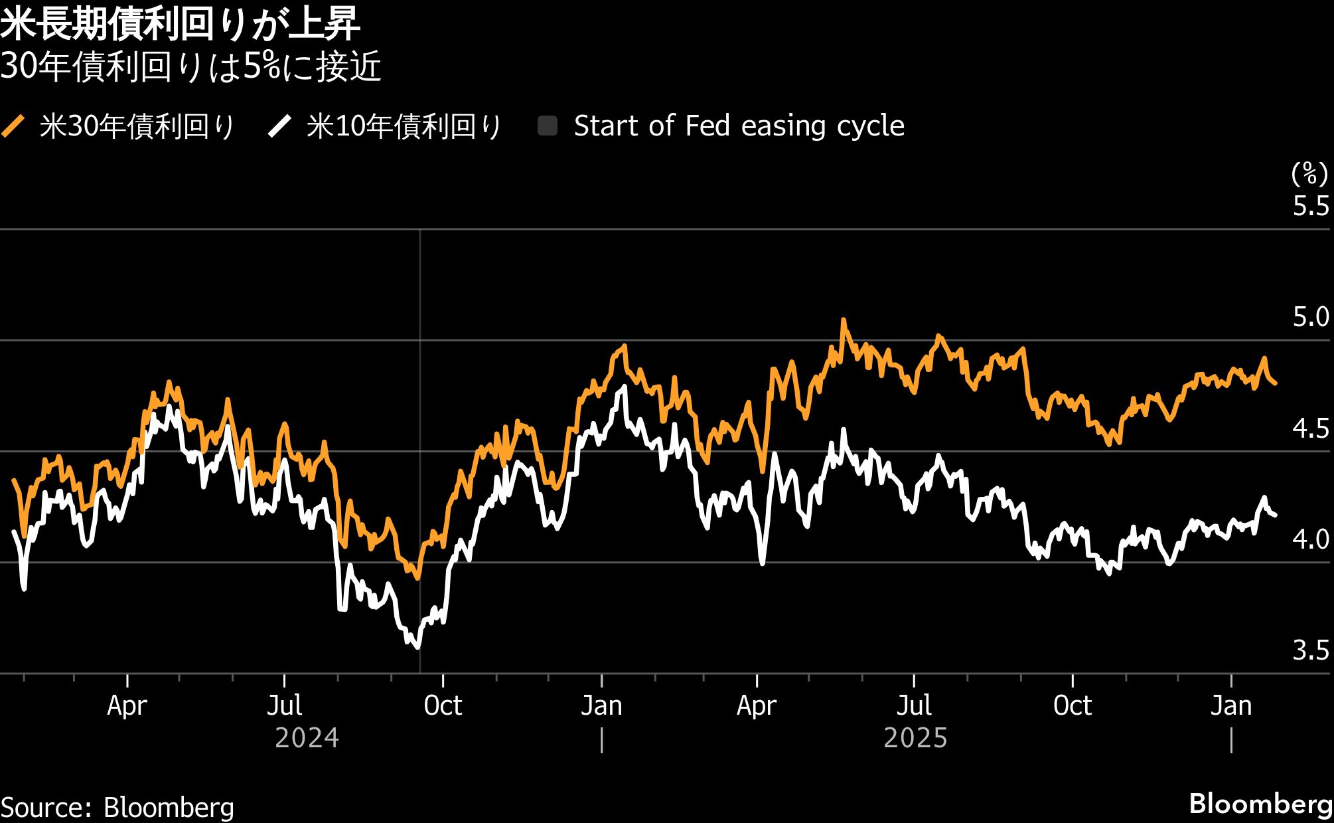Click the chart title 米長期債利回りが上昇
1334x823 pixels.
pos(180,25)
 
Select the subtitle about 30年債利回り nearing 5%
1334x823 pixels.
pos(190,68)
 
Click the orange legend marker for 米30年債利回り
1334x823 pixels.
pos(13,126)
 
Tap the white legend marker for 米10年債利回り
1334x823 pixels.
pos(279,126)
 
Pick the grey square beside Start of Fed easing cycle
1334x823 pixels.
pos(548,126)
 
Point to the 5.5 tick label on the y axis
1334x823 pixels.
pos(1310,207)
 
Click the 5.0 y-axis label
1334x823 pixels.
pos(1310,318)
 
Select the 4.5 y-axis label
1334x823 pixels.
pos(1310,429)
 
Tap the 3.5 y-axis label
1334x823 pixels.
pos(1310,651)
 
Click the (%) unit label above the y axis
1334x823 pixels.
pos(1309,174)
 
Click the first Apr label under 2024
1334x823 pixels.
pos(127,705)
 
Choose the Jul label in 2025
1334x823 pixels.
pos(914,705)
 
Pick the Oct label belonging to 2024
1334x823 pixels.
pos(443,705)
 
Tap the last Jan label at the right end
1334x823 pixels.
pos(1231,705)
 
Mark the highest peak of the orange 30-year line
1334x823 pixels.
pos(844,321)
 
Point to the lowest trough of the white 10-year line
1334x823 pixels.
pos(418,647)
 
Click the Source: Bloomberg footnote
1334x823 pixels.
pos(117,808)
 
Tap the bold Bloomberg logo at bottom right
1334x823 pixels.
pos(1260,804)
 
